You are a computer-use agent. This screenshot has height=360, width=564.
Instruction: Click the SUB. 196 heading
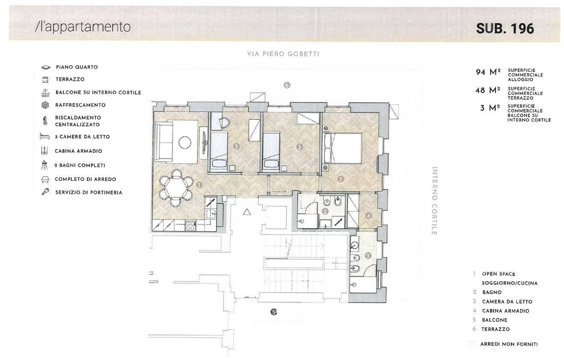(x=505, y=28)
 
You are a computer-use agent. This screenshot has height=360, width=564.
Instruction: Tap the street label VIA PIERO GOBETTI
(x=283, y=54)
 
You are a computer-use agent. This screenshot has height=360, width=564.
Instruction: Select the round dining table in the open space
(x=176, y=188)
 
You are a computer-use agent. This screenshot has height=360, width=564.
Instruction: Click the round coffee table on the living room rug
(x=185, y=143)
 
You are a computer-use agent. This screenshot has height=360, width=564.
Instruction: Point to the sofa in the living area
(x=163, y=142)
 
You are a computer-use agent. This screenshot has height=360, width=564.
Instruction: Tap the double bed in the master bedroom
(x=342, y=148)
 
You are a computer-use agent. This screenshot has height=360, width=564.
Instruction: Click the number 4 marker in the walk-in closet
(x=368, y=215)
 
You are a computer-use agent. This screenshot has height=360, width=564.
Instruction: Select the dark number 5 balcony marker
(x=274, y=312)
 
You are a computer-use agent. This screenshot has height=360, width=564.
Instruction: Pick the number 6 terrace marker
(x=287, y=85)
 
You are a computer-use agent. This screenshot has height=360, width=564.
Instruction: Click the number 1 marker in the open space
(x=199, y=185)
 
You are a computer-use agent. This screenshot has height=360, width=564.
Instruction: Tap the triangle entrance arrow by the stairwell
(x=247, y=212)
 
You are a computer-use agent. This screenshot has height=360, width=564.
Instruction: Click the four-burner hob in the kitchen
(x=190, y=225)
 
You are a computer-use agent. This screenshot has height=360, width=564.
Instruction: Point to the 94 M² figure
(x=488, y=72)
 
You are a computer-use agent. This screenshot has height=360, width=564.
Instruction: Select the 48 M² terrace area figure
(x=488, y=90)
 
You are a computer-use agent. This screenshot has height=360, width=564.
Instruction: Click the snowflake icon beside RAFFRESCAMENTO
(x=45, y=105)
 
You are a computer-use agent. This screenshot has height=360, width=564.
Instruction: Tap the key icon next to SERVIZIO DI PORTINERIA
(x=45, y=192)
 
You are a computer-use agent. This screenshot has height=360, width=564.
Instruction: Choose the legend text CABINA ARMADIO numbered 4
(x=505, y=311)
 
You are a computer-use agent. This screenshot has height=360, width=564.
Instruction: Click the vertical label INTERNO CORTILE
(x=434, y=201)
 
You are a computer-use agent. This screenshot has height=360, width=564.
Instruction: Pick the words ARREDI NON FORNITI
(x=509, y=344)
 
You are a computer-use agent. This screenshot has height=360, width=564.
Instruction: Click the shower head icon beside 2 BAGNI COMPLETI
(x=45, y=165)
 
